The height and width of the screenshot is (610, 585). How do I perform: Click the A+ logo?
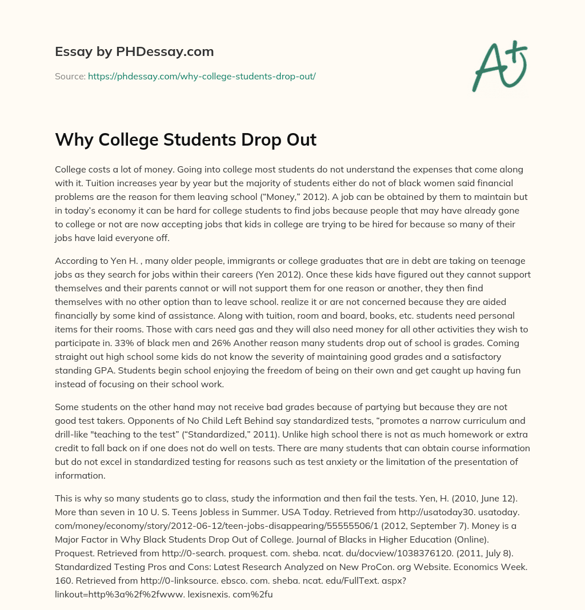tap(499, 66)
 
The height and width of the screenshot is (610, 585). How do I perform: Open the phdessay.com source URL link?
tap(202, 75)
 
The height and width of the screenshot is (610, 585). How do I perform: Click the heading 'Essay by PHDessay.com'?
tap(134, 51)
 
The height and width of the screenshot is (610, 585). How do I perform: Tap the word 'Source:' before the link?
tap(70, 75)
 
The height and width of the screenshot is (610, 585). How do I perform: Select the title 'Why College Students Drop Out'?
tap(186, 139)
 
